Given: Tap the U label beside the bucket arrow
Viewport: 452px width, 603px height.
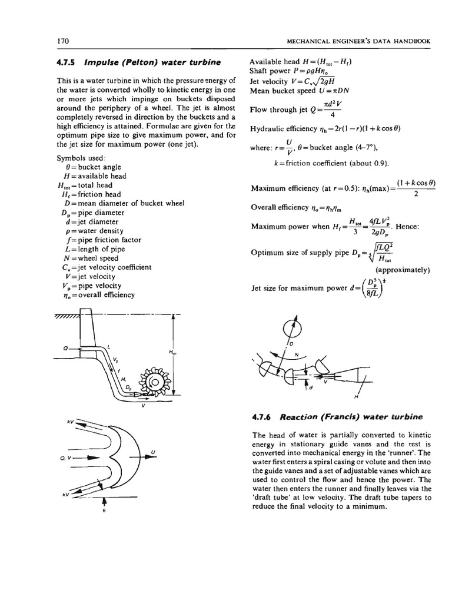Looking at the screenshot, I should (x=152, y=452).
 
